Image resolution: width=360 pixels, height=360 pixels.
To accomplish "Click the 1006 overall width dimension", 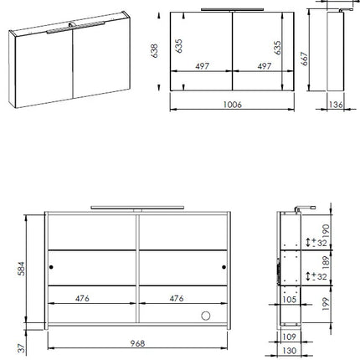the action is click(x=233, y=105).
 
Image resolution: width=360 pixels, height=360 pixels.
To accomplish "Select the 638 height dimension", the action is click(x=154, y=51).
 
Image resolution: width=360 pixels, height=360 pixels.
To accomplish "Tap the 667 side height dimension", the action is click(x=304, y=59).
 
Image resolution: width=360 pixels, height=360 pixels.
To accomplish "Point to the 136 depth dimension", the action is click(x=336, y=105).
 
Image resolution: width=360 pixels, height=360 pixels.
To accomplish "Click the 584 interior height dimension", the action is click(x=21, y=269).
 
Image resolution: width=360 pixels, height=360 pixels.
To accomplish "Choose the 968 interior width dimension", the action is click(x=137, y=343).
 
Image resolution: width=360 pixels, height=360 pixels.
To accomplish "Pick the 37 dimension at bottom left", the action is click(x=22, y=347).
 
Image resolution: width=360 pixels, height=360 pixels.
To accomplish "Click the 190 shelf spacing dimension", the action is click(x=326, y=231).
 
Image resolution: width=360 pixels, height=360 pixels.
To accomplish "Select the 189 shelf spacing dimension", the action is click(x=326, y=263).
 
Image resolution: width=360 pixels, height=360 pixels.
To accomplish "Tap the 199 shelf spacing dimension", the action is click(x=326, y=304).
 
